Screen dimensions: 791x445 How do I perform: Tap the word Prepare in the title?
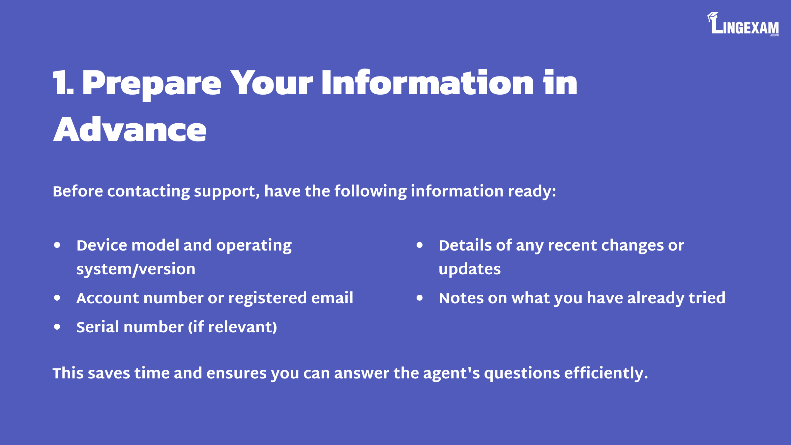point(152,85)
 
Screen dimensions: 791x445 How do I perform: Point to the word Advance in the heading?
point(130,129)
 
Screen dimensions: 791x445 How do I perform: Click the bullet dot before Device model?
point(57,245)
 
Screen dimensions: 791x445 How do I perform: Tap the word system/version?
point(136,269)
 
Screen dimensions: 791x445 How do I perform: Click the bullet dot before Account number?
point(57,298)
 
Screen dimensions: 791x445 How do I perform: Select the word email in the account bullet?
point(332,298)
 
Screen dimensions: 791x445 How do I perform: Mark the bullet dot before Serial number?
point(57,327)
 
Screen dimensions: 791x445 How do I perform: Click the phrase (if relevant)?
point(233,327)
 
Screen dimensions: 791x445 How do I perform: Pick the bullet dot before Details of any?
point(420,245)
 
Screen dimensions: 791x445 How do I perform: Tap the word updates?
point(470,270)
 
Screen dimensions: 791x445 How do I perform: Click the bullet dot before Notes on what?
point(420,298)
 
